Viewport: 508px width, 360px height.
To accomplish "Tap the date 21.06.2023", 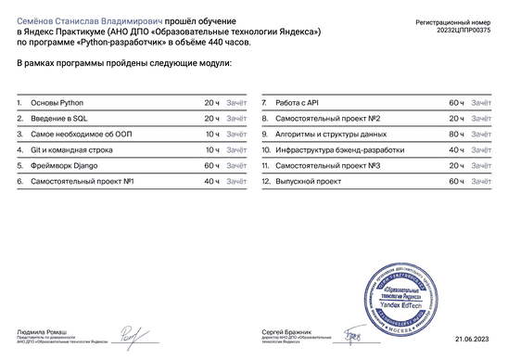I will click(x=473, y=341).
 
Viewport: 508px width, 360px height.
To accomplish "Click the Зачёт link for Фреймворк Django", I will click(x=236, y=164).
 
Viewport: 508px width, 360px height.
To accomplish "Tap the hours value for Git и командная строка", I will click(x=212, y=149).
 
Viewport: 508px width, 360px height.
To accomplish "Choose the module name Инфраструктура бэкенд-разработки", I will click(x=335, y=149).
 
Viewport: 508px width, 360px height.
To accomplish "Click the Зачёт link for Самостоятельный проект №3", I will click(x=481, y=164).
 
